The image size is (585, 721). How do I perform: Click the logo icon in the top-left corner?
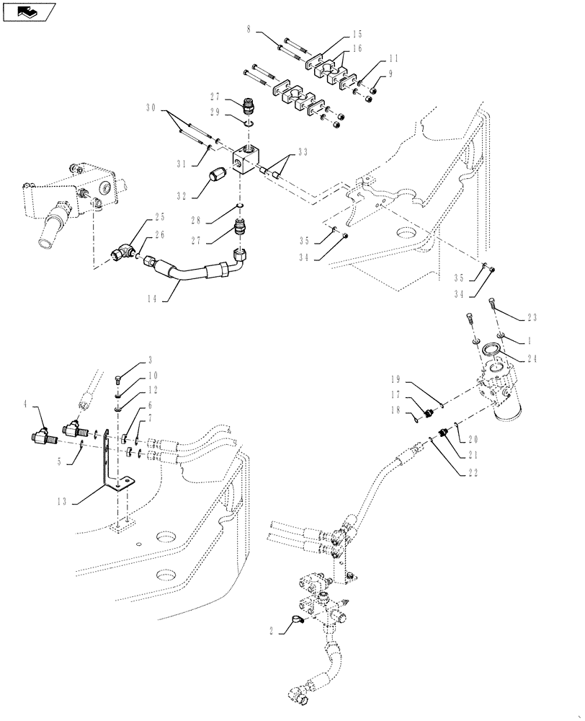coord(28,11)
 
